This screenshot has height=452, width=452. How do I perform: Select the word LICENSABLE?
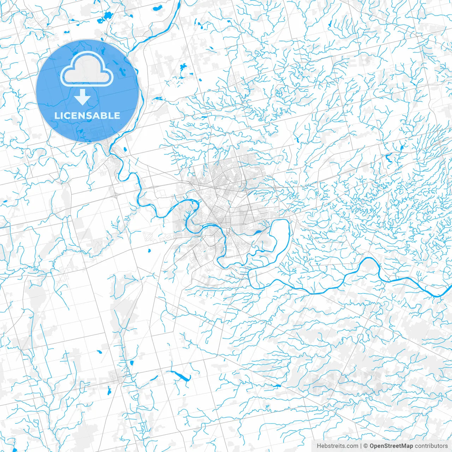(x=87, y=115)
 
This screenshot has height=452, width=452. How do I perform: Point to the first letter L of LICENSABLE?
(x=56, y=115)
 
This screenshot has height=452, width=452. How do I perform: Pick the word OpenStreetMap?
(x=391, y=446)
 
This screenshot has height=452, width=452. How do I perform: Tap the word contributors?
(x=431, y=446)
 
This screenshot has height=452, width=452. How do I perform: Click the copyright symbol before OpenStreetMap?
(x=366, y=446)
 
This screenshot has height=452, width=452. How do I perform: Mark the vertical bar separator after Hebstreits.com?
(x=361, y=446)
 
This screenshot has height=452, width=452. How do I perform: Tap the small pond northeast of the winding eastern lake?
(x=401, y=148)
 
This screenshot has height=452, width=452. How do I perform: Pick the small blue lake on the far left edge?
(x=5, y=202)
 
